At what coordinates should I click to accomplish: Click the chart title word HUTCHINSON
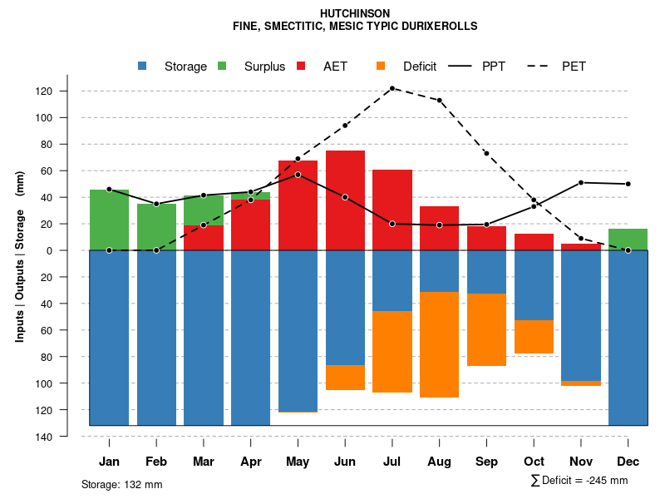coord(355,14)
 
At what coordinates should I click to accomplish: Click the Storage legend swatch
coord(143,66)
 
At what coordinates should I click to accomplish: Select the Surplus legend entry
coord(264,67)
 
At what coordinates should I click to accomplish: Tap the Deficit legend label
coord(420,67)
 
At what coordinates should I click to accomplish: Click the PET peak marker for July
coord(392,88)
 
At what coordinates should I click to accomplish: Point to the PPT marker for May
coord(298,175)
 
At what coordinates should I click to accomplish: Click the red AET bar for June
coord(345,200)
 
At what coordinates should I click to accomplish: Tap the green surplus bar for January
coord(109,220)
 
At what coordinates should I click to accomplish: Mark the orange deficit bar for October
coord(534,337)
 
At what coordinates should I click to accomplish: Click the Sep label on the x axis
coord(486,462)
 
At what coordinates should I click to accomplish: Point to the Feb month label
coord(156,462)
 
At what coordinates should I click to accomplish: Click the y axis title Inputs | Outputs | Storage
coord(20,256)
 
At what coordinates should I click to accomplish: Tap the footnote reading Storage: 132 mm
coord(122,484)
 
